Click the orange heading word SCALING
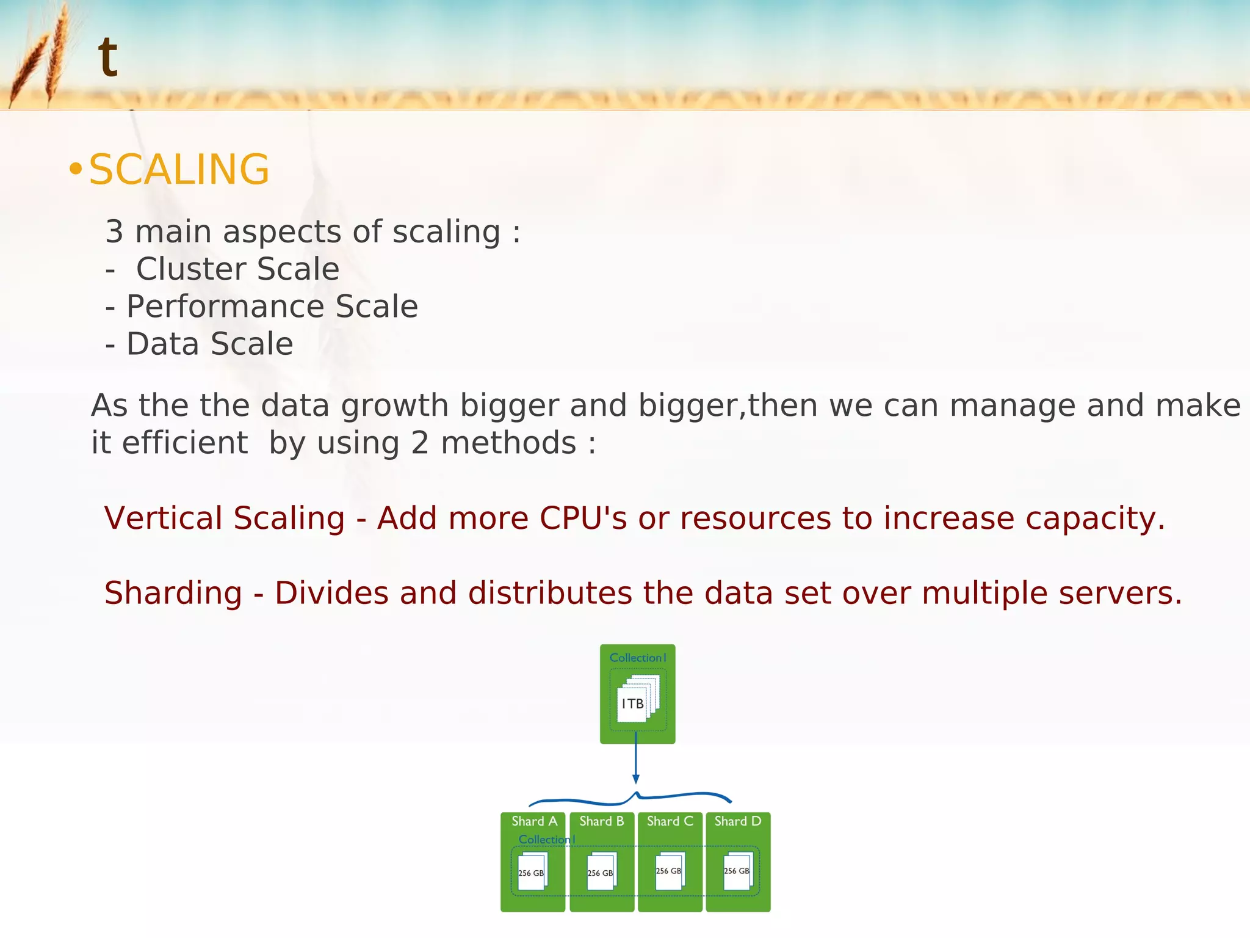[179, 169]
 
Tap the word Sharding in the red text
[173, 593]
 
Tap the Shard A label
[534, 821]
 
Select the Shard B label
[602, 821]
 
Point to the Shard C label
[670, 821]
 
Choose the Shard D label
[737, 821]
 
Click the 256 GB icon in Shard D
[737, 871]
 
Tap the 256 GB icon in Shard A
[532, 872]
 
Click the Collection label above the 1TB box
[637, 658]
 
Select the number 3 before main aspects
[114, 232]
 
